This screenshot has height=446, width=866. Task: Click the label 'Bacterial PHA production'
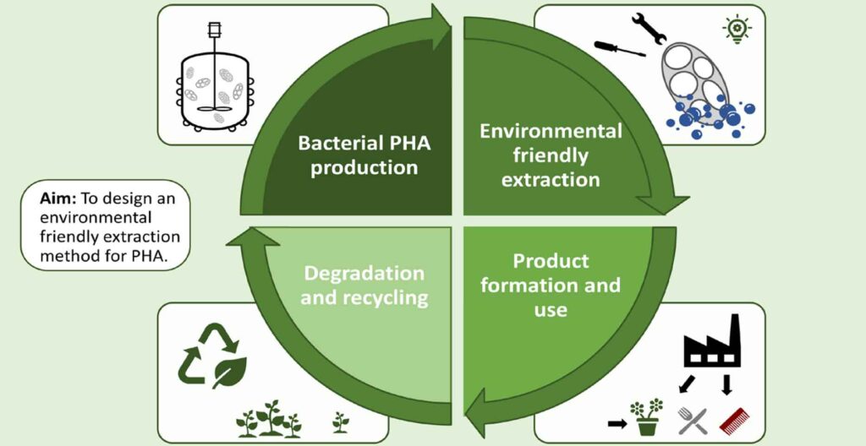click(x=364, y=155)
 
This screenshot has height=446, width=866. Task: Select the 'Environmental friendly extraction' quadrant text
click(x=551, y=155)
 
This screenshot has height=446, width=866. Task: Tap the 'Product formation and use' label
click(x=551, y=285)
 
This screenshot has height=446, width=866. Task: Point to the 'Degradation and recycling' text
click(x=364, y=286)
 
